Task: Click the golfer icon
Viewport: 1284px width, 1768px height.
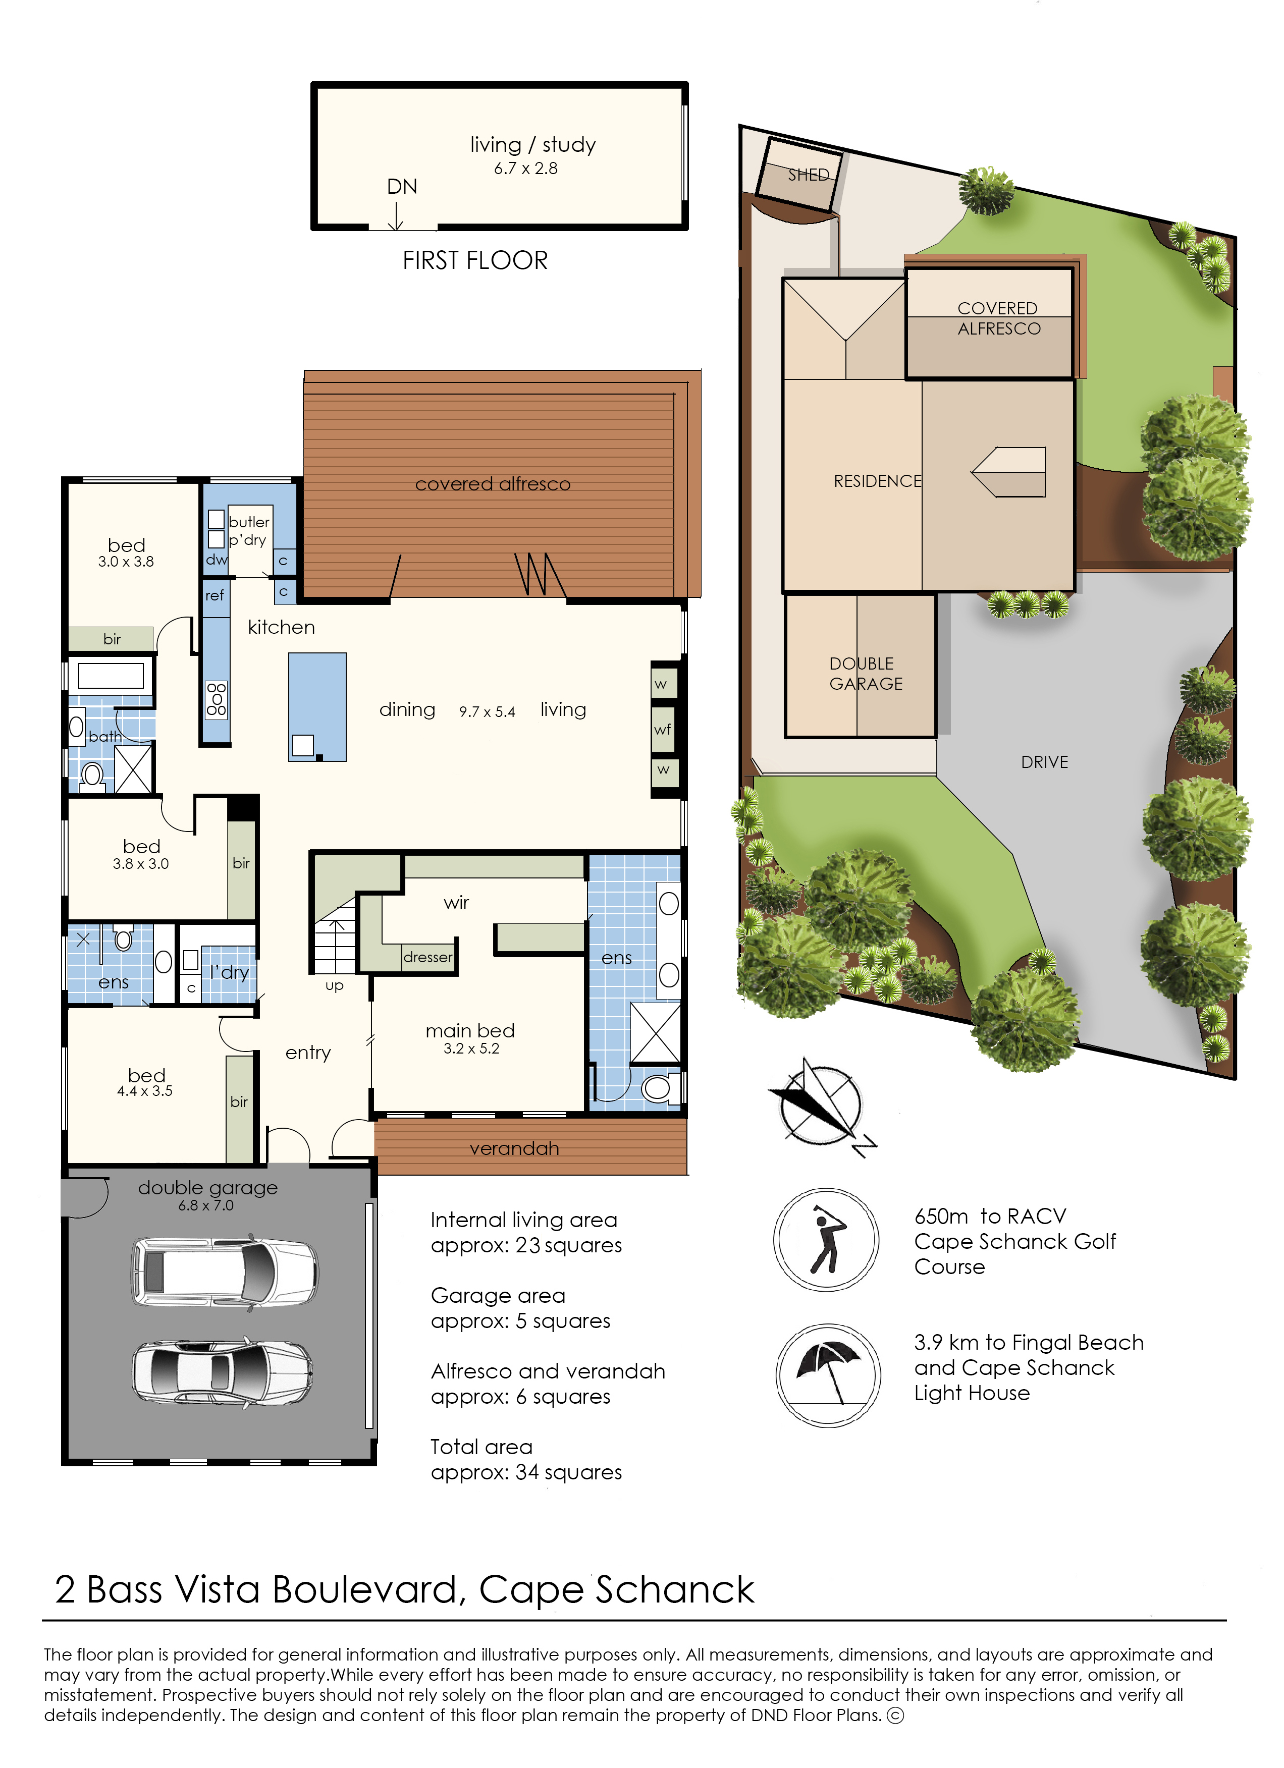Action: pos(826,1240)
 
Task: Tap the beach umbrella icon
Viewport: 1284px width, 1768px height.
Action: pos(828,1374)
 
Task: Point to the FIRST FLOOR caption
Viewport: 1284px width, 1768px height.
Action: pos(475,260)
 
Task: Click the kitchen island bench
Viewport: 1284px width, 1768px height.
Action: pos(317,707)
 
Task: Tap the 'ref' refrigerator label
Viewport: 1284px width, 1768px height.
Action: pos(215,595)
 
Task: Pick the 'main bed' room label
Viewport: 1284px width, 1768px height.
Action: pos(470,1030)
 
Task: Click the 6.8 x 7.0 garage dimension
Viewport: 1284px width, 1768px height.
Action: pos(206,1205)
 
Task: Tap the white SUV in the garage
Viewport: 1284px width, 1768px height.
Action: pos(225,1272)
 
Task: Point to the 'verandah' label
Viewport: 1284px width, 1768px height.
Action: pos(514,1148)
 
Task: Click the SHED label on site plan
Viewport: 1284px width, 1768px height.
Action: pos(809,175)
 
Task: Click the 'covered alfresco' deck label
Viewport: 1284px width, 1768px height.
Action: pos(493,484)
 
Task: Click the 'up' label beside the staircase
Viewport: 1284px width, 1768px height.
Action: pos(335,986)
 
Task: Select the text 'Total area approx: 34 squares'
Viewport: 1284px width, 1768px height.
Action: pos(526,1459)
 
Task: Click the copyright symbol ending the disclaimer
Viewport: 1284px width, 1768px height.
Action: pos(896,1715)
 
